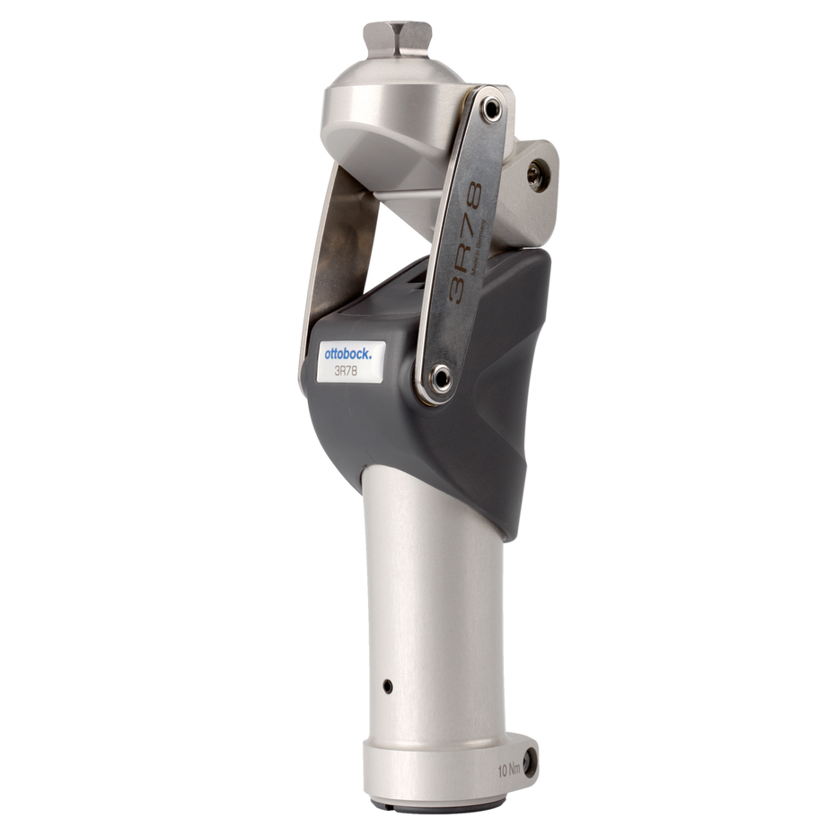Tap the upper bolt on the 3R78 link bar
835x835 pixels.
490,110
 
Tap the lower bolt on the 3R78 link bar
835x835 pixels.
439,378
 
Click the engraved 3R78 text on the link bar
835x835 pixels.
470,242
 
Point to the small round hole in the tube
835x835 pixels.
387,686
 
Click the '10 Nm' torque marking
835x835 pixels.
509,769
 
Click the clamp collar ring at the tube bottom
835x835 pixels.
431,772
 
